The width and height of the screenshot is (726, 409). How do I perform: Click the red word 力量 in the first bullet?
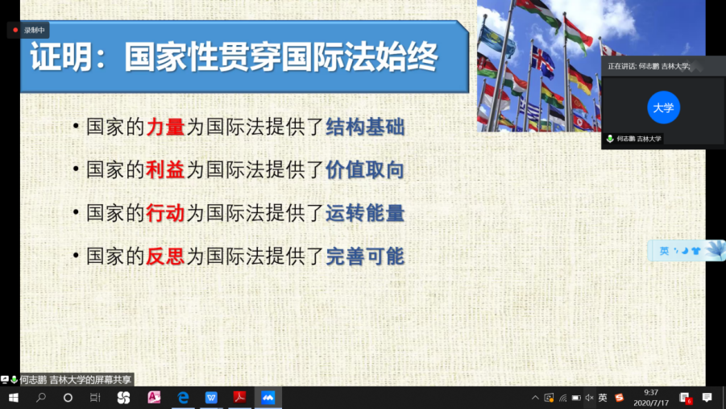coord(165,127)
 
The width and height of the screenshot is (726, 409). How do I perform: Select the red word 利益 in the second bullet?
coord(165,169)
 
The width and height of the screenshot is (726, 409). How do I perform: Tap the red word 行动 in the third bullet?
coord(165,213)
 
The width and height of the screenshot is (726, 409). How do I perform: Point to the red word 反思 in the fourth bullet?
coord(165,257)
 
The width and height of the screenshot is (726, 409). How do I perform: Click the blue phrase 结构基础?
coord(365,127)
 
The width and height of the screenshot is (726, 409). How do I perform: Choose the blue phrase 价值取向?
coord(365,169)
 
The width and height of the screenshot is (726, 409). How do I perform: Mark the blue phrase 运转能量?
coord(365,213)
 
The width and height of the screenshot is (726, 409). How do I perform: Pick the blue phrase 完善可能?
coord(365,257)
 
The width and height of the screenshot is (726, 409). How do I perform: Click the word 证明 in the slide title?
coord(60,57)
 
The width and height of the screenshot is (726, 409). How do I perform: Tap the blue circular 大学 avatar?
coord(663,107)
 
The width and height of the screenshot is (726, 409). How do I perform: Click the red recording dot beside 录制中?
coord(15,30)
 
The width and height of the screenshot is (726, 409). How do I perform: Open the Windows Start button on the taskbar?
coord(14,398)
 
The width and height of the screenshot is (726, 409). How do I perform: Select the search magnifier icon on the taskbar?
coord(41,398)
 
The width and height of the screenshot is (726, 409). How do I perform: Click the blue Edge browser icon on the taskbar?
coord(184,398)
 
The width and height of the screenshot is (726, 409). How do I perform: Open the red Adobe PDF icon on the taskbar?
coord(239,398)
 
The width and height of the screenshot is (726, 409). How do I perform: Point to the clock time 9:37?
coord(651,393)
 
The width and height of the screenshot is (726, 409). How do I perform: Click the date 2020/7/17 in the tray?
coord(651,403)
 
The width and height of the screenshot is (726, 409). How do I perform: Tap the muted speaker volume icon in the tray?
coord(589,398)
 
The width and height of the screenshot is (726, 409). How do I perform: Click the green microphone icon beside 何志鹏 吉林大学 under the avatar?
coord(610,139)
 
